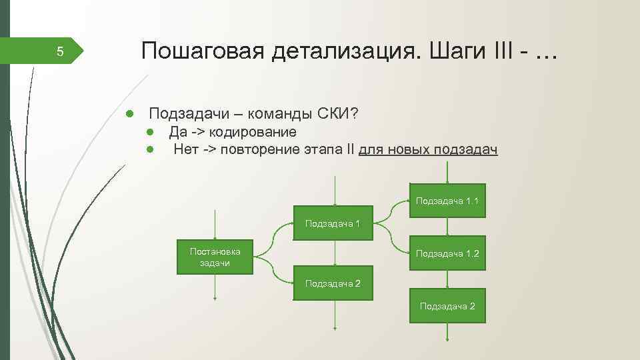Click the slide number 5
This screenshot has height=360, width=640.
coord(59,52)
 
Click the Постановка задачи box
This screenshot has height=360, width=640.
coord(215,257)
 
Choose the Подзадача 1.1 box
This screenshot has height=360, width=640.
coord(447,200)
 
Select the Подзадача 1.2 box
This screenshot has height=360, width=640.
coord(447,253)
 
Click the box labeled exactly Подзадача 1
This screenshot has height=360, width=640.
coord(333,223)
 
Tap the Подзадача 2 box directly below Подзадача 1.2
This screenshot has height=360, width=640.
coord(447,305)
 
